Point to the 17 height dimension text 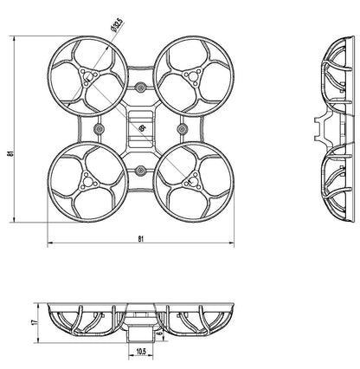click(x=34, y=322)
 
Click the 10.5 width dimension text click(x=141, y=351)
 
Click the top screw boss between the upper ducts click(x=140, y=90)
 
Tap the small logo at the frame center click(x=141, y=129)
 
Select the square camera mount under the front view click(x=141, y=331)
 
